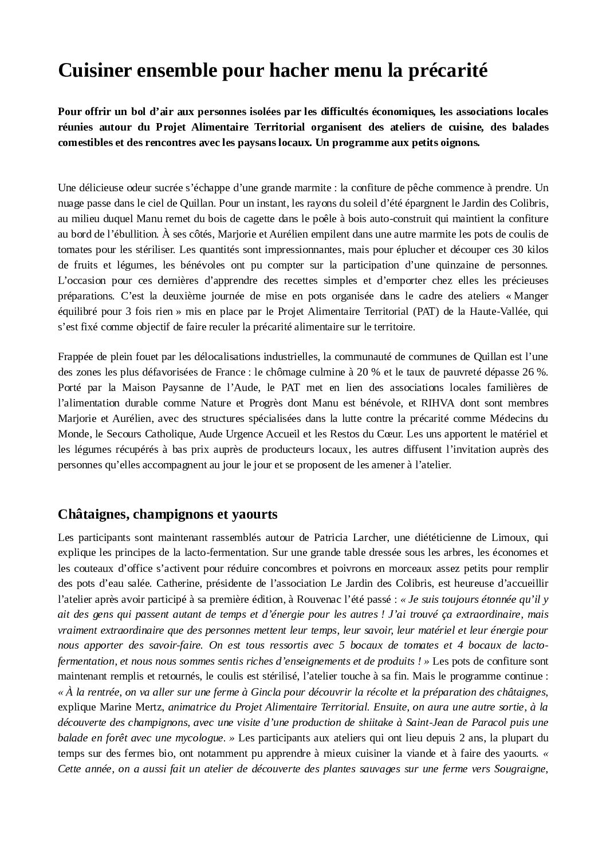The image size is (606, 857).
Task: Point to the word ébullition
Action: point(133,234)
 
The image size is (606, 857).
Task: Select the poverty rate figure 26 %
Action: point(530,372)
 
